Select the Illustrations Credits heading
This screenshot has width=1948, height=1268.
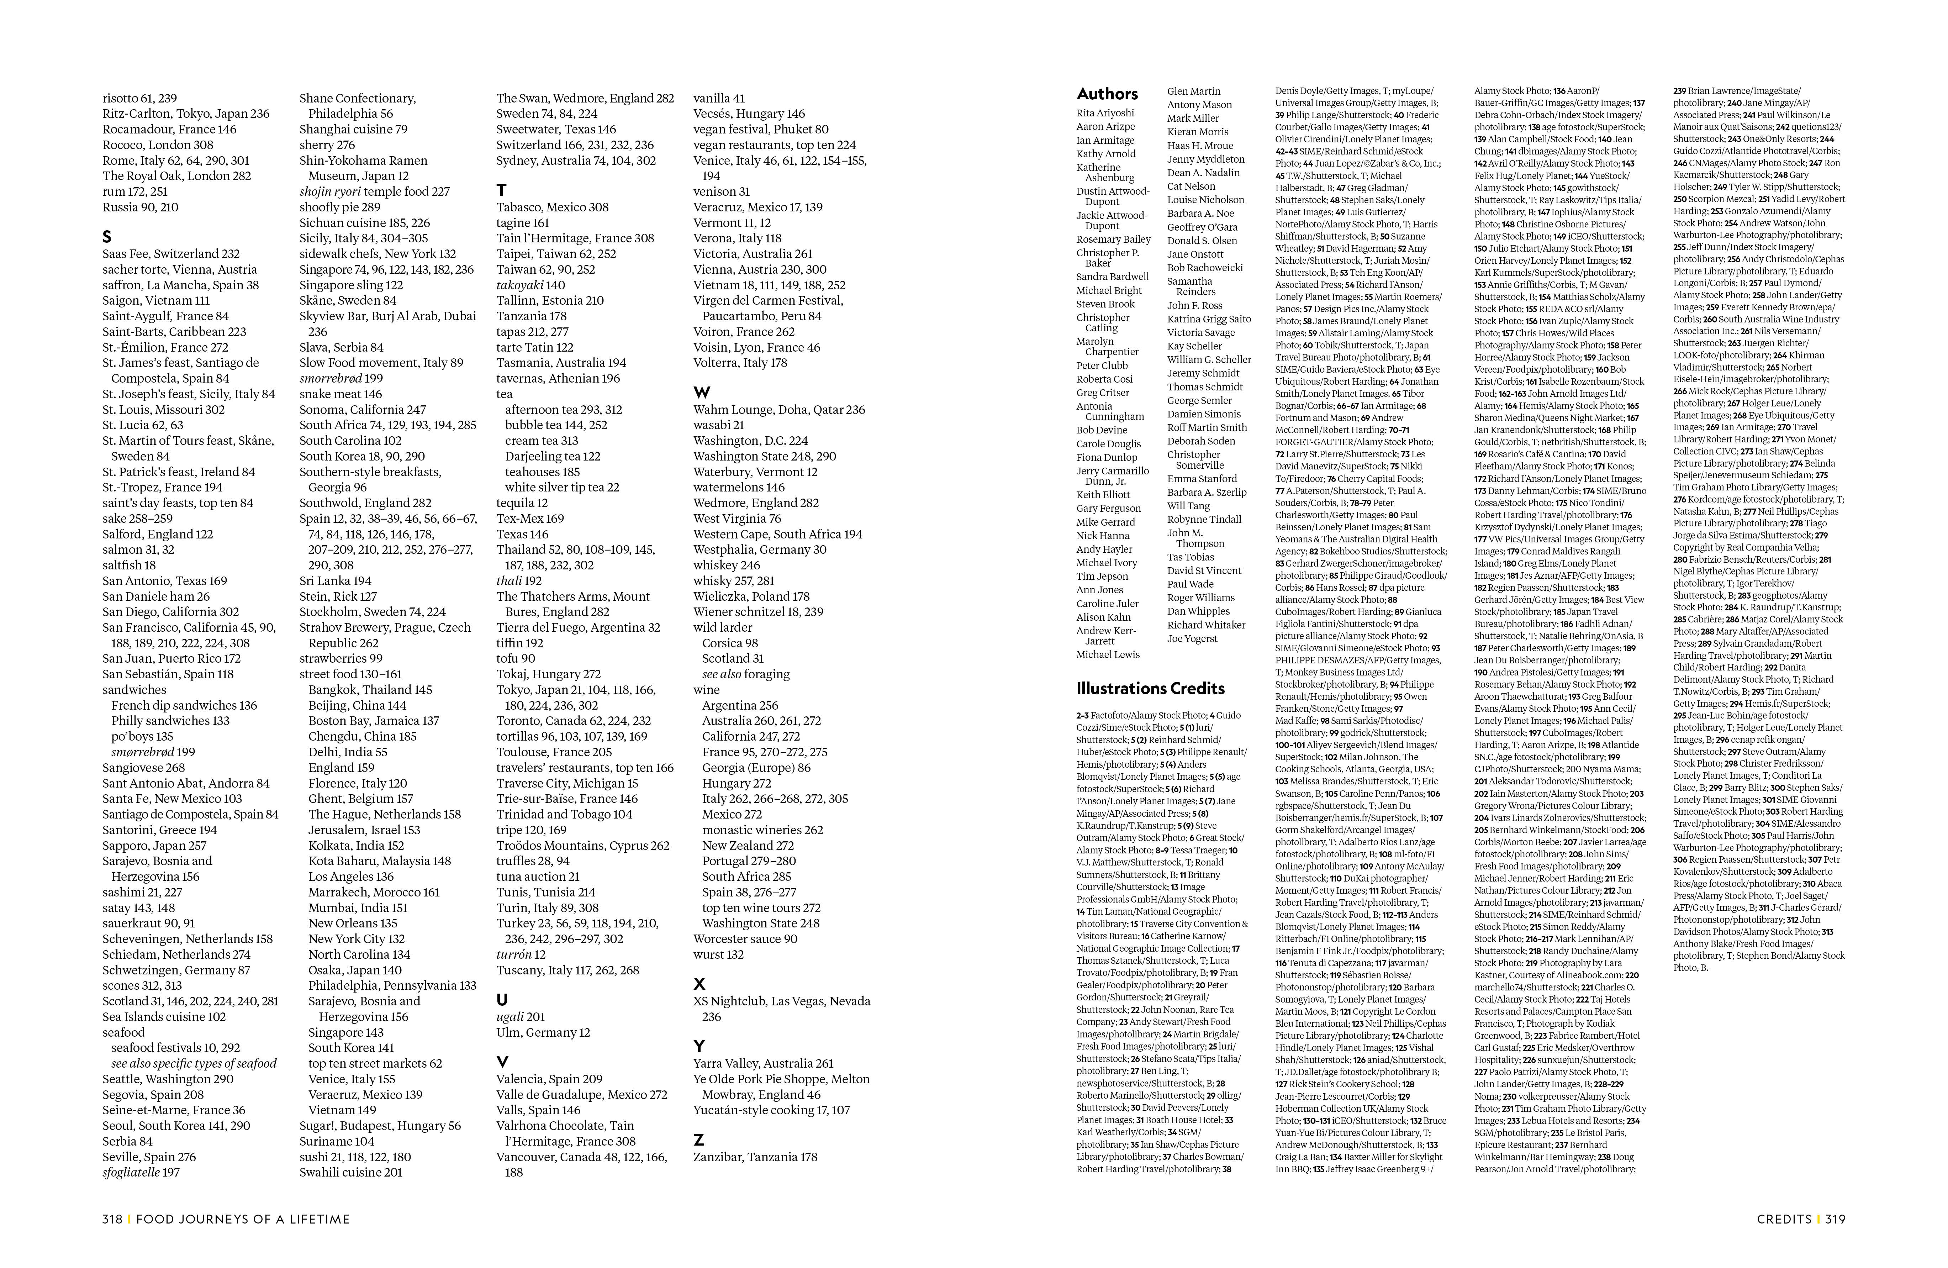click(1150, 688)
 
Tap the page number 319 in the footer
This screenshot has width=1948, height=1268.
click(1835, 1219)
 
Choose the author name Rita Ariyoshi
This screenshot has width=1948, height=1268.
click(1105, 113)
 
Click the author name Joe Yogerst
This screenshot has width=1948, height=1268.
click(1192, 638)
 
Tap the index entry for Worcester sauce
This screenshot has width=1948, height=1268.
click(745, 939)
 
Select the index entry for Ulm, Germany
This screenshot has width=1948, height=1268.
click(543, 1032)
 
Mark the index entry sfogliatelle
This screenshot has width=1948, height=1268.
click(140, 1172)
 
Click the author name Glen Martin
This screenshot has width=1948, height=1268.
click(1193, 91)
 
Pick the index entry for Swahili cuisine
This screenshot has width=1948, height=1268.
click(350, 1172)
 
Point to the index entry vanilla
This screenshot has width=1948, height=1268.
click(719, 98)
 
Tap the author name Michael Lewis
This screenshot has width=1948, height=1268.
click(1107, 655)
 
